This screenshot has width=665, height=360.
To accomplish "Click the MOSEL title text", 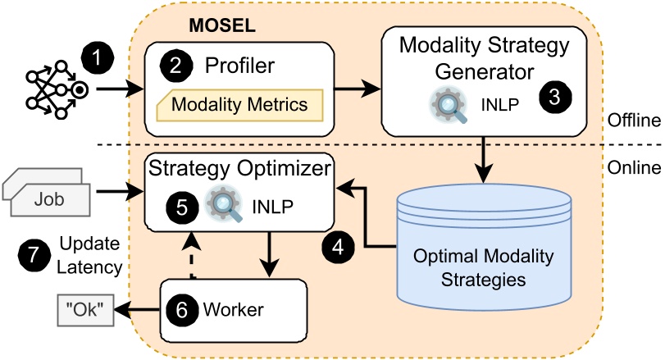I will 222,25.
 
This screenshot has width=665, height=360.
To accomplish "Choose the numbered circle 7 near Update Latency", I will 33,255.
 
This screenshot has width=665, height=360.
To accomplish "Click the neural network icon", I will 50,89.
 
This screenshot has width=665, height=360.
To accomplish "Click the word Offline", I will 634,121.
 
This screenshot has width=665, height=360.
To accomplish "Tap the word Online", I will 634,167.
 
